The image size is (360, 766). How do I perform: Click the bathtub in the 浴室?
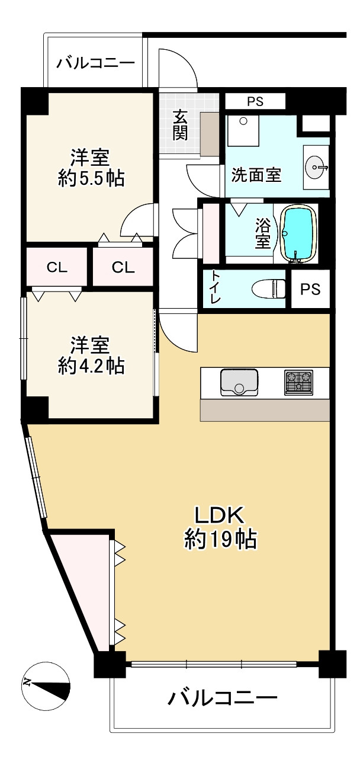click(x=298, y=233)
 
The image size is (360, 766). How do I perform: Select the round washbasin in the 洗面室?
click(x=315, y=167)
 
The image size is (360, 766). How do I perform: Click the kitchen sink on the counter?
click(x=239, y=382)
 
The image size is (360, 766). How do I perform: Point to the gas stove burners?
click(x=298, y=382)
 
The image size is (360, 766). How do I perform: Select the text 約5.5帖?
click(x=91, y=178)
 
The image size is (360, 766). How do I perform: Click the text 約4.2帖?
click(x=91, y=366)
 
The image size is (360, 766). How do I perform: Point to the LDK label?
click(x=220, y=515)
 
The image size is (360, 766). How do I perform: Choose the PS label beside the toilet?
click(x=310, y=289)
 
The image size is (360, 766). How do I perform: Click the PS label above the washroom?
click(x=255, y=101)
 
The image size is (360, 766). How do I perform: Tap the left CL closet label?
click(x=57, y=267)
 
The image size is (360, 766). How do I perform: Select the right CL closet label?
click(x=123, y=267)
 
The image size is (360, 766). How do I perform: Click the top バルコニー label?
click(x=95, y=63)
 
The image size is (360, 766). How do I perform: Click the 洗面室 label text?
click(x=256, y=175)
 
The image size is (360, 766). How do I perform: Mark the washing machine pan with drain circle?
click(x=243, y=131)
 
